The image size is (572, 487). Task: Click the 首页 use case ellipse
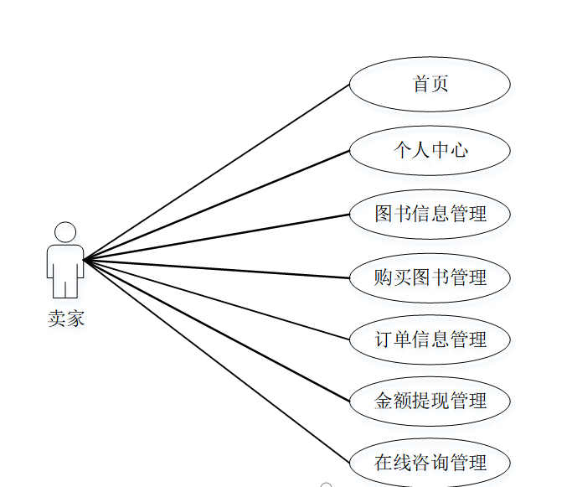point(430,85)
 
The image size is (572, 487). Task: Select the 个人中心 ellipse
point(430,150)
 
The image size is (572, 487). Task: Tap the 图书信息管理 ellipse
point(430,214)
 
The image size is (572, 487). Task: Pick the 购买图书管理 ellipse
point(430,277)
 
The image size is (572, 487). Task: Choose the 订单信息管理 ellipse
point(430,339)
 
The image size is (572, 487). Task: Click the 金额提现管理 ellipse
point(430,401)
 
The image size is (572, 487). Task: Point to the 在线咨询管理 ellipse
point(430,462)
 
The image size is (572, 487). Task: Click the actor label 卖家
point(65,319)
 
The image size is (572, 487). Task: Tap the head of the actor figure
point(64,232)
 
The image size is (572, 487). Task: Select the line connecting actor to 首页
point(216,172)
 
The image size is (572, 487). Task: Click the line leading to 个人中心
point(216,205)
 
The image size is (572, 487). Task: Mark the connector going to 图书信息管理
point(216,237)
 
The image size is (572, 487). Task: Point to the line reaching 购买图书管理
point(216,268)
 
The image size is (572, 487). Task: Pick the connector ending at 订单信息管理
point(216,299)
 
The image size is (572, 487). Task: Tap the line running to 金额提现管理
point(216,330)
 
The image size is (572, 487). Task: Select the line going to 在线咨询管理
point(216,361)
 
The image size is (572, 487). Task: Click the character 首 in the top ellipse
point(421,85)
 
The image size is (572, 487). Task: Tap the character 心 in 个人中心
point(458,150)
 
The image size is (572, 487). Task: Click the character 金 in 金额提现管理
point(384,401)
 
